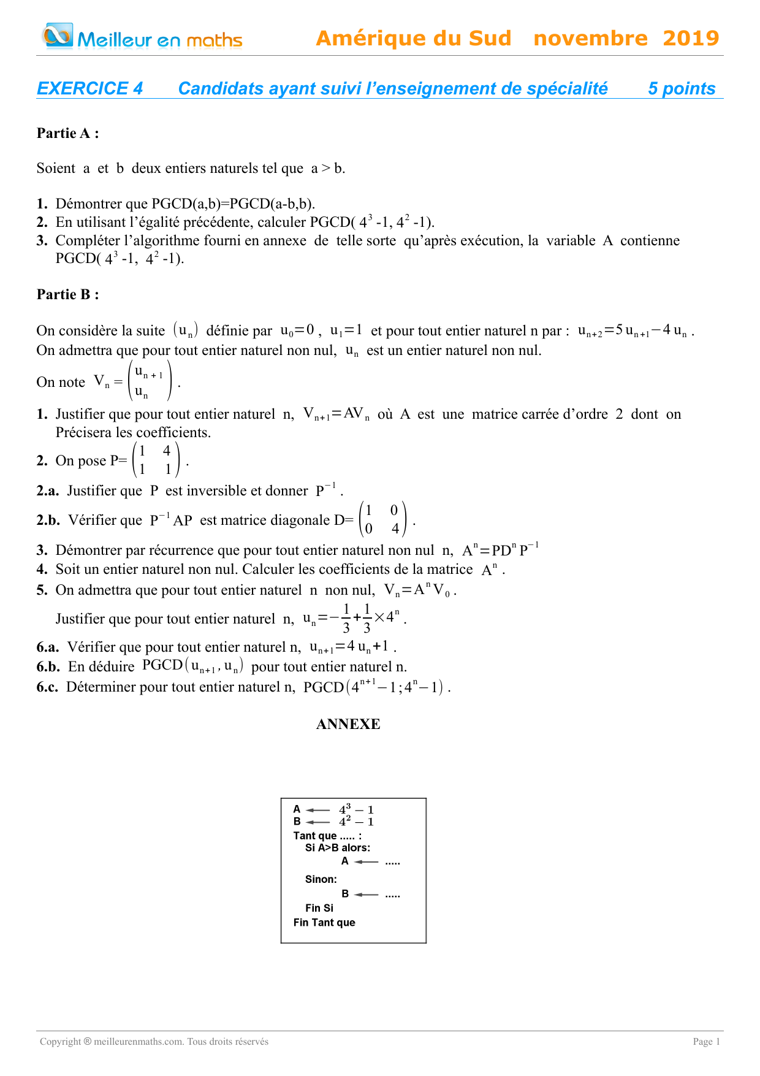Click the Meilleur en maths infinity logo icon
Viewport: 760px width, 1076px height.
tap(58, 36)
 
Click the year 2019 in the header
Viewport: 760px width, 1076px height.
tap(691, 39)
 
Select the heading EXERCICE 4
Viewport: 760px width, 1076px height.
tap(90, 89)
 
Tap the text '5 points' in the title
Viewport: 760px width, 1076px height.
tap(682, 89)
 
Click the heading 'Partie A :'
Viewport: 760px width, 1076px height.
tap(68, 133)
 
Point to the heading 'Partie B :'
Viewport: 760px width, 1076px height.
tap(68, 294)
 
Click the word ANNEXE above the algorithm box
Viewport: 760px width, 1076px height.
tap(348, 724)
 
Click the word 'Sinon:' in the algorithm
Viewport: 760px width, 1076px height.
tap(321, 879)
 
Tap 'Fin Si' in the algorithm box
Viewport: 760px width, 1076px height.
tap(319, 908)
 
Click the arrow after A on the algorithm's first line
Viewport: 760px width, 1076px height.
tap(318, 811)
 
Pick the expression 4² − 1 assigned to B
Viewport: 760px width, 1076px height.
tap(356, 822)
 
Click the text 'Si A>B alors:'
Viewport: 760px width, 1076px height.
tap(338, 848)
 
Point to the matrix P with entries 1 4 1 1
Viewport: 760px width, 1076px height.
tap(156, 460)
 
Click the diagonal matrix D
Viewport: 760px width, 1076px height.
tap(382, 519)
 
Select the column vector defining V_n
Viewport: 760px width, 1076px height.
tap(149, 381)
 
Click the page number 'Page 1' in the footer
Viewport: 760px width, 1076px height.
tap(707, 1042)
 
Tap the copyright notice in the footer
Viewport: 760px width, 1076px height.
tap(154, 1042)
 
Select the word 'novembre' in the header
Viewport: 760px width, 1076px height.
tap(590, 39)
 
